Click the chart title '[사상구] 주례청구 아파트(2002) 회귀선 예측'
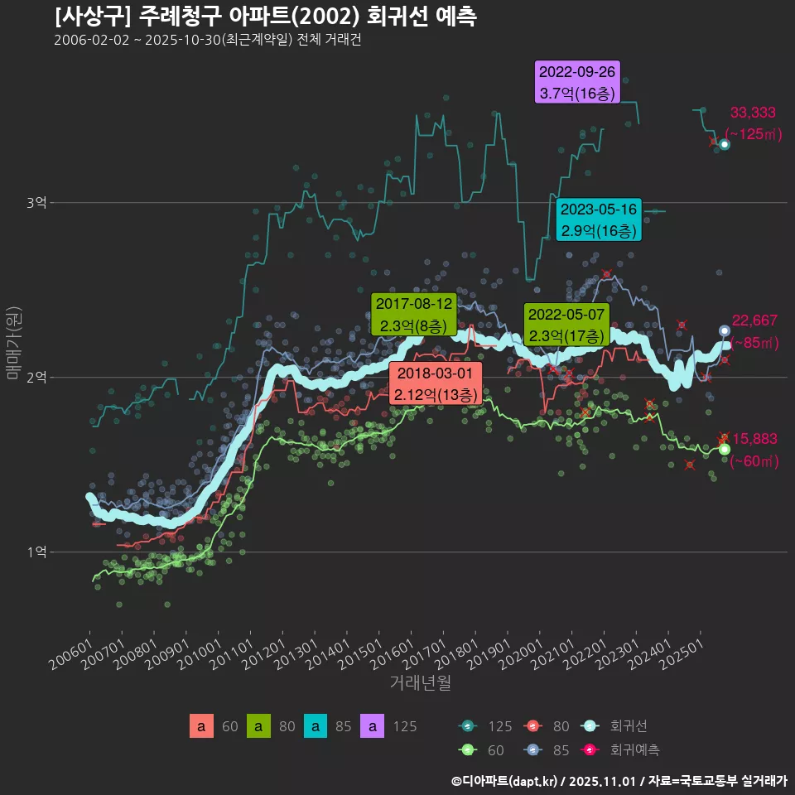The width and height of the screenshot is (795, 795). pyautogui.click(x=265, y=17)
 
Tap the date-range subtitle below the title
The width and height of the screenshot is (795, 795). pyautogui.click(x=207, y=40)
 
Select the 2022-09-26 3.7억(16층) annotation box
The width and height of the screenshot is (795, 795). pyautogui.click(x=577, y=82)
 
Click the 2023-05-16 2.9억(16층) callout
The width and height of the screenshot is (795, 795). pyautogui.click(x=599, y=219)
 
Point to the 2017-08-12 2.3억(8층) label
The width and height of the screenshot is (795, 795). pyautogui.click(x=414, y=315)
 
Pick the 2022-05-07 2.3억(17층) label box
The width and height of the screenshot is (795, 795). pyautogui.click(x=566, y=325)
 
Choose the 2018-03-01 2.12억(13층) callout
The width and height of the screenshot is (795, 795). pyautogui.click(x=436, y=383)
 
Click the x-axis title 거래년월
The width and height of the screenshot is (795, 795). pyautogui.click(x=420, y=683)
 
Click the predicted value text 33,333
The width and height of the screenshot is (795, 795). pyautogui.click(x=752, y=113)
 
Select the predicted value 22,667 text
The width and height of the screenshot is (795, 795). pyautogui.click(x=754, y=321)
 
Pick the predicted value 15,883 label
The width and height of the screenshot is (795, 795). pyautogui.click(x=754, y=439)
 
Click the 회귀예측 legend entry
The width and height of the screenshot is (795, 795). pyautogui.click(x=634, y=750)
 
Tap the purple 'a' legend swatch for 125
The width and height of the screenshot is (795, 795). pyautogui.click(x=374, y=726)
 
